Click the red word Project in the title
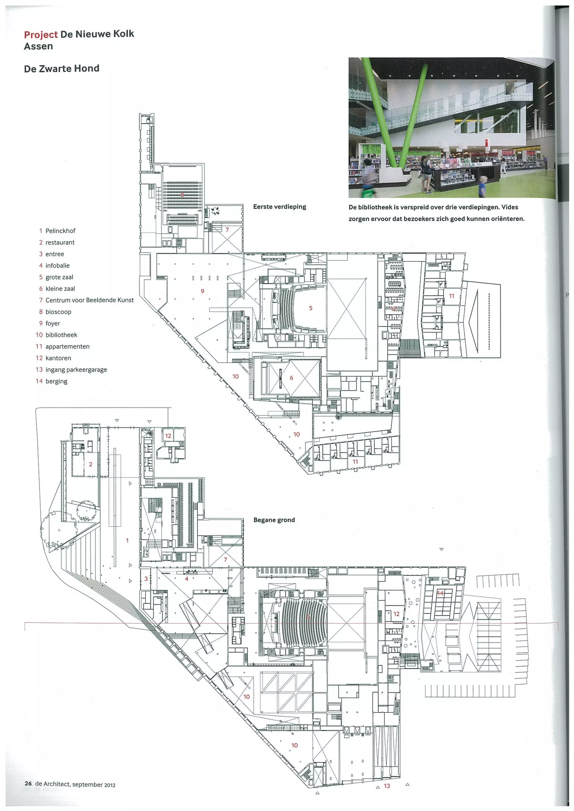point(41,35)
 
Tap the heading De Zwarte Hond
point(62,69)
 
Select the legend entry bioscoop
point(58,312)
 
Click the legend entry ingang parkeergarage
point(76,370)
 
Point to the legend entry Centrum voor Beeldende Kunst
point(89,300)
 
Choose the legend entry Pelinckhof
point(61,231)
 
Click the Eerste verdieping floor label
point(279,207)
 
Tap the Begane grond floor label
point(274,520)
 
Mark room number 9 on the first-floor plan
point(202,291)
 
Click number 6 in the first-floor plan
point(291,378)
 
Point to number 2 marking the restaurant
point(91,464)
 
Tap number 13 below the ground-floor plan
point(387,786)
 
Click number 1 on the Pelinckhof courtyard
point(127,540)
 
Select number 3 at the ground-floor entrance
point(146,579)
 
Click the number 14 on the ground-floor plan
point(440,593)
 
